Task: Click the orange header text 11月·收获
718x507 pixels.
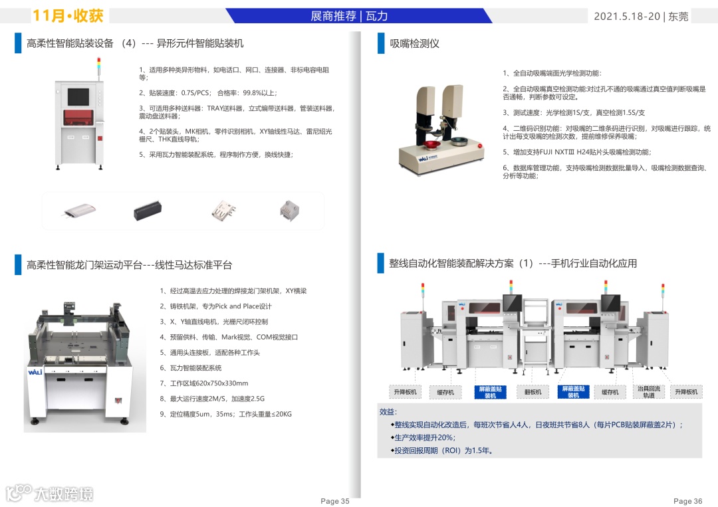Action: coord(68,16)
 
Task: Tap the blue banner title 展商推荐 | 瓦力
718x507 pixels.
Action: coord(349,16)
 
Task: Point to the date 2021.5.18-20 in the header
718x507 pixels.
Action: coord(627,17)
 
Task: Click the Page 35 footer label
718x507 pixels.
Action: coord(334,501)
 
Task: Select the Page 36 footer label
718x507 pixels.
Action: coord(687,501)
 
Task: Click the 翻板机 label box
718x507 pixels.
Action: coord(533,392)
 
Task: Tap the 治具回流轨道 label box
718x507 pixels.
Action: coord(649,391)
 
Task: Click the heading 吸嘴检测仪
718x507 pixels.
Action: coord(414,43)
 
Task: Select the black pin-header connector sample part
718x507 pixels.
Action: coord(148,210)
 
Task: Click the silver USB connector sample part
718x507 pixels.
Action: coord(223,211)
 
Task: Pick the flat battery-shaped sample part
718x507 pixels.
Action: coord(80,211)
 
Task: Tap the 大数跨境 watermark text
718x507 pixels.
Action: coord(64,494)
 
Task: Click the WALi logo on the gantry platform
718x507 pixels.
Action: coord(35,372)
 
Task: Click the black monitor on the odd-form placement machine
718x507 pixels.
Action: coord(78,97)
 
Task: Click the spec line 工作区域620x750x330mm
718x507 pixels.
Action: coord(204,383)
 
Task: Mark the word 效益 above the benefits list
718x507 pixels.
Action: coord(388,412)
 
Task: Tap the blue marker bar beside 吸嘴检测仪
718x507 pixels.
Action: coord(380,43)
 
